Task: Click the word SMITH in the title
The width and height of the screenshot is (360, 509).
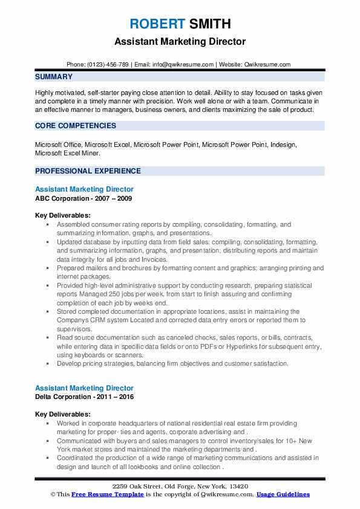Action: [x=209, y=24]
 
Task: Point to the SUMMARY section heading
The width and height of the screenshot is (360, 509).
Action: [x=54, y=77]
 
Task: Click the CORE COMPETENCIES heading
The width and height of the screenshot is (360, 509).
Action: [x=76, y=126]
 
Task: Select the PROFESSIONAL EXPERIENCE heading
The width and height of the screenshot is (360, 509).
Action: [x=88, y=171]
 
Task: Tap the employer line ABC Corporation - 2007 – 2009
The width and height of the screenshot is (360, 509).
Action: [x=83, y=198]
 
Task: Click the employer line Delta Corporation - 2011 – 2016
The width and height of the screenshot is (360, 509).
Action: [x=84, y=397]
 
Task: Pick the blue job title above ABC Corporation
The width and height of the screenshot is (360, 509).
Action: [x=84, y=190]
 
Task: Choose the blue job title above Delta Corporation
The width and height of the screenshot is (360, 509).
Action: [x=84, y=388]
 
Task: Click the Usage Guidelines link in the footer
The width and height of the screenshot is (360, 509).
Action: [x=283, y=494]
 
